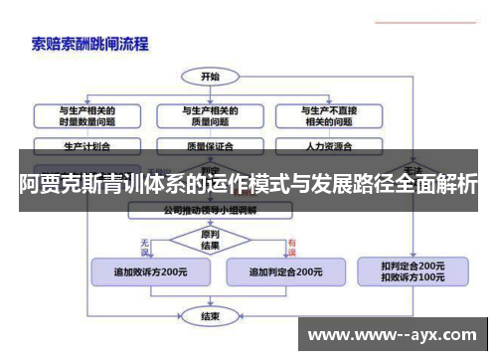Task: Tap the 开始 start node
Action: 210,76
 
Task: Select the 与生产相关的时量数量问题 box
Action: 87,116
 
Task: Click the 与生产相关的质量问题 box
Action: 210,116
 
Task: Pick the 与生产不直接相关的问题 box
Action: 329,116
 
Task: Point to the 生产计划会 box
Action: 87,145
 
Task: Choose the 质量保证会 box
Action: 210,145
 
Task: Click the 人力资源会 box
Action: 329,145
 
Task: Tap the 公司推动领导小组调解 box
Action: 210,211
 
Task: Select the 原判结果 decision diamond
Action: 210,240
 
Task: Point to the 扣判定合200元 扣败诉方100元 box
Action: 413,271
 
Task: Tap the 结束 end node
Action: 210,316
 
